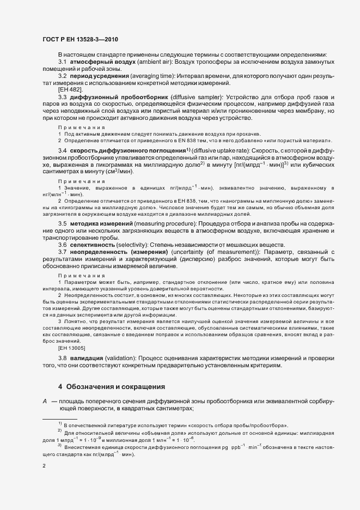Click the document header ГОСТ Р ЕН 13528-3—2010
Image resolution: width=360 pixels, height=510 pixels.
[80, 39]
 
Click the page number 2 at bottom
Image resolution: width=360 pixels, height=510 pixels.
[44, 466]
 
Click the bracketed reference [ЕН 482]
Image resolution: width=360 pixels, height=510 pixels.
[70, 88]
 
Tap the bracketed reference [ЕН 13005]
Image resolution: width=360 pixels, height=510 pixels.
[74, 347]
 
